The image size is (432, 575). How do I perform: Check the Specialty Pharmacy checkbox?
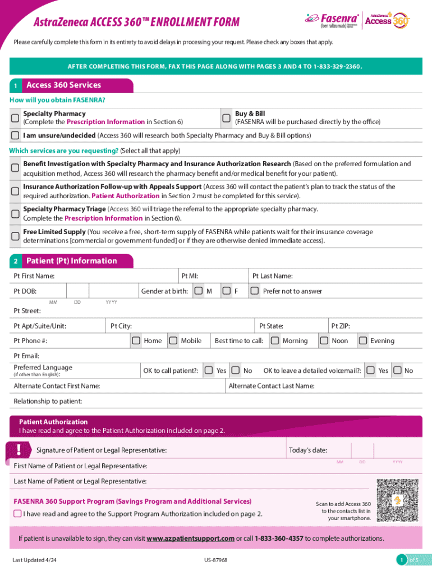15,118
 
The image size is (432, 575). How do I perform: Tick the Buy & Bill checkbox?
226,118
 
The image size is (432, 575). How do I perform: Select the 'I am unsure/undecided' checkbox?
15,135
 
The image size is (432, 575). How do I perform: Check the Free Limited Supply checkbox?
15,236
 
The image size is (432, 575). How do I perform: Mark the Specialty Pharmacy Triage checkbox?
15,213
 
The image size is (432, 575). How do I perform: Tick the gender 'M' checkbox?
199,291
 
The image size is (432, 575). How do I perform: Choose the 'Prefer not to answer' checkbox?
254,291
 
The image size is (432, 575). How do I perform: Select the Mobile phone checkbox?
172,341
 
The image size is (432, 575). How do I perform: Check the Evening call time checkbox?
362,341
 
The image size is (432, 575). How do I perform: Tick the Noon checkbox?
324,341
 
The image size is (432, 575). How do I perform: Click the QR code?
398,500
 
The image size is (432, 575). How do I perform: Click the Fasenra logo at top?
331,20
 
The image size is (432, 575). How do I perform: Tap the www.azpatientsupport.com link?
190,539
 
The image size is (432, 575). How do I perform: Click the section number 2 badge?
16,261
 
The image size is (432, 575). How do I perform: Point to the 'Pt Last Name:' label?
272,276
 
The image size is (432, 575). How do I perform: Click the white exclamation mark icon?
19,449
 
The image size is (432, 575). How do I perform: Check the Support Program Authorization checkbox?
17,514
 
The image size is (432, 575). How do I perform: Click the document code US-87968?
216,560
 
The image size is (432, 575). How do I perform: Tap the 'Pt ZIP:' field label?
341,326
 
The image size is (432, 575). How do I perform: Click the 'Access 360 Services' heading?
63,85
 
